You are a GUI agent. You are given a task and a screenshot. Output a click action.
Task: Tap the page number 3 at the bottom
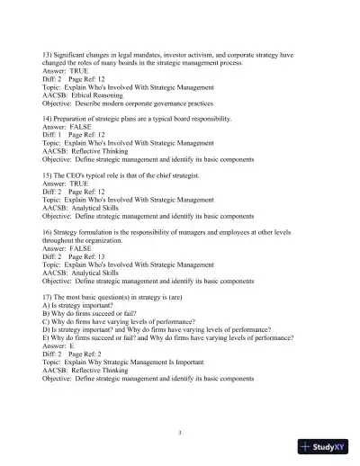click(180, 433)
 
